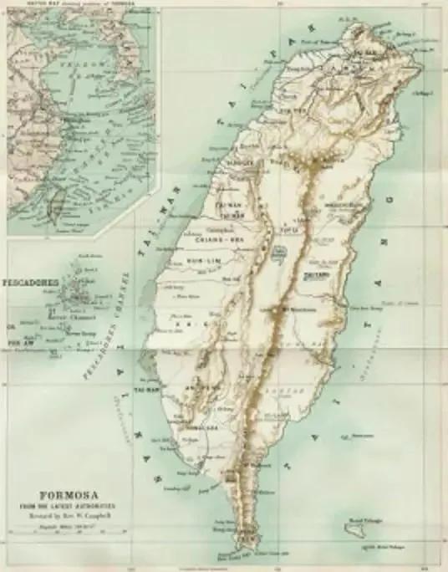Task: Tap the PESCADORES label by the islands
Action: [x=30, y=282]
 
